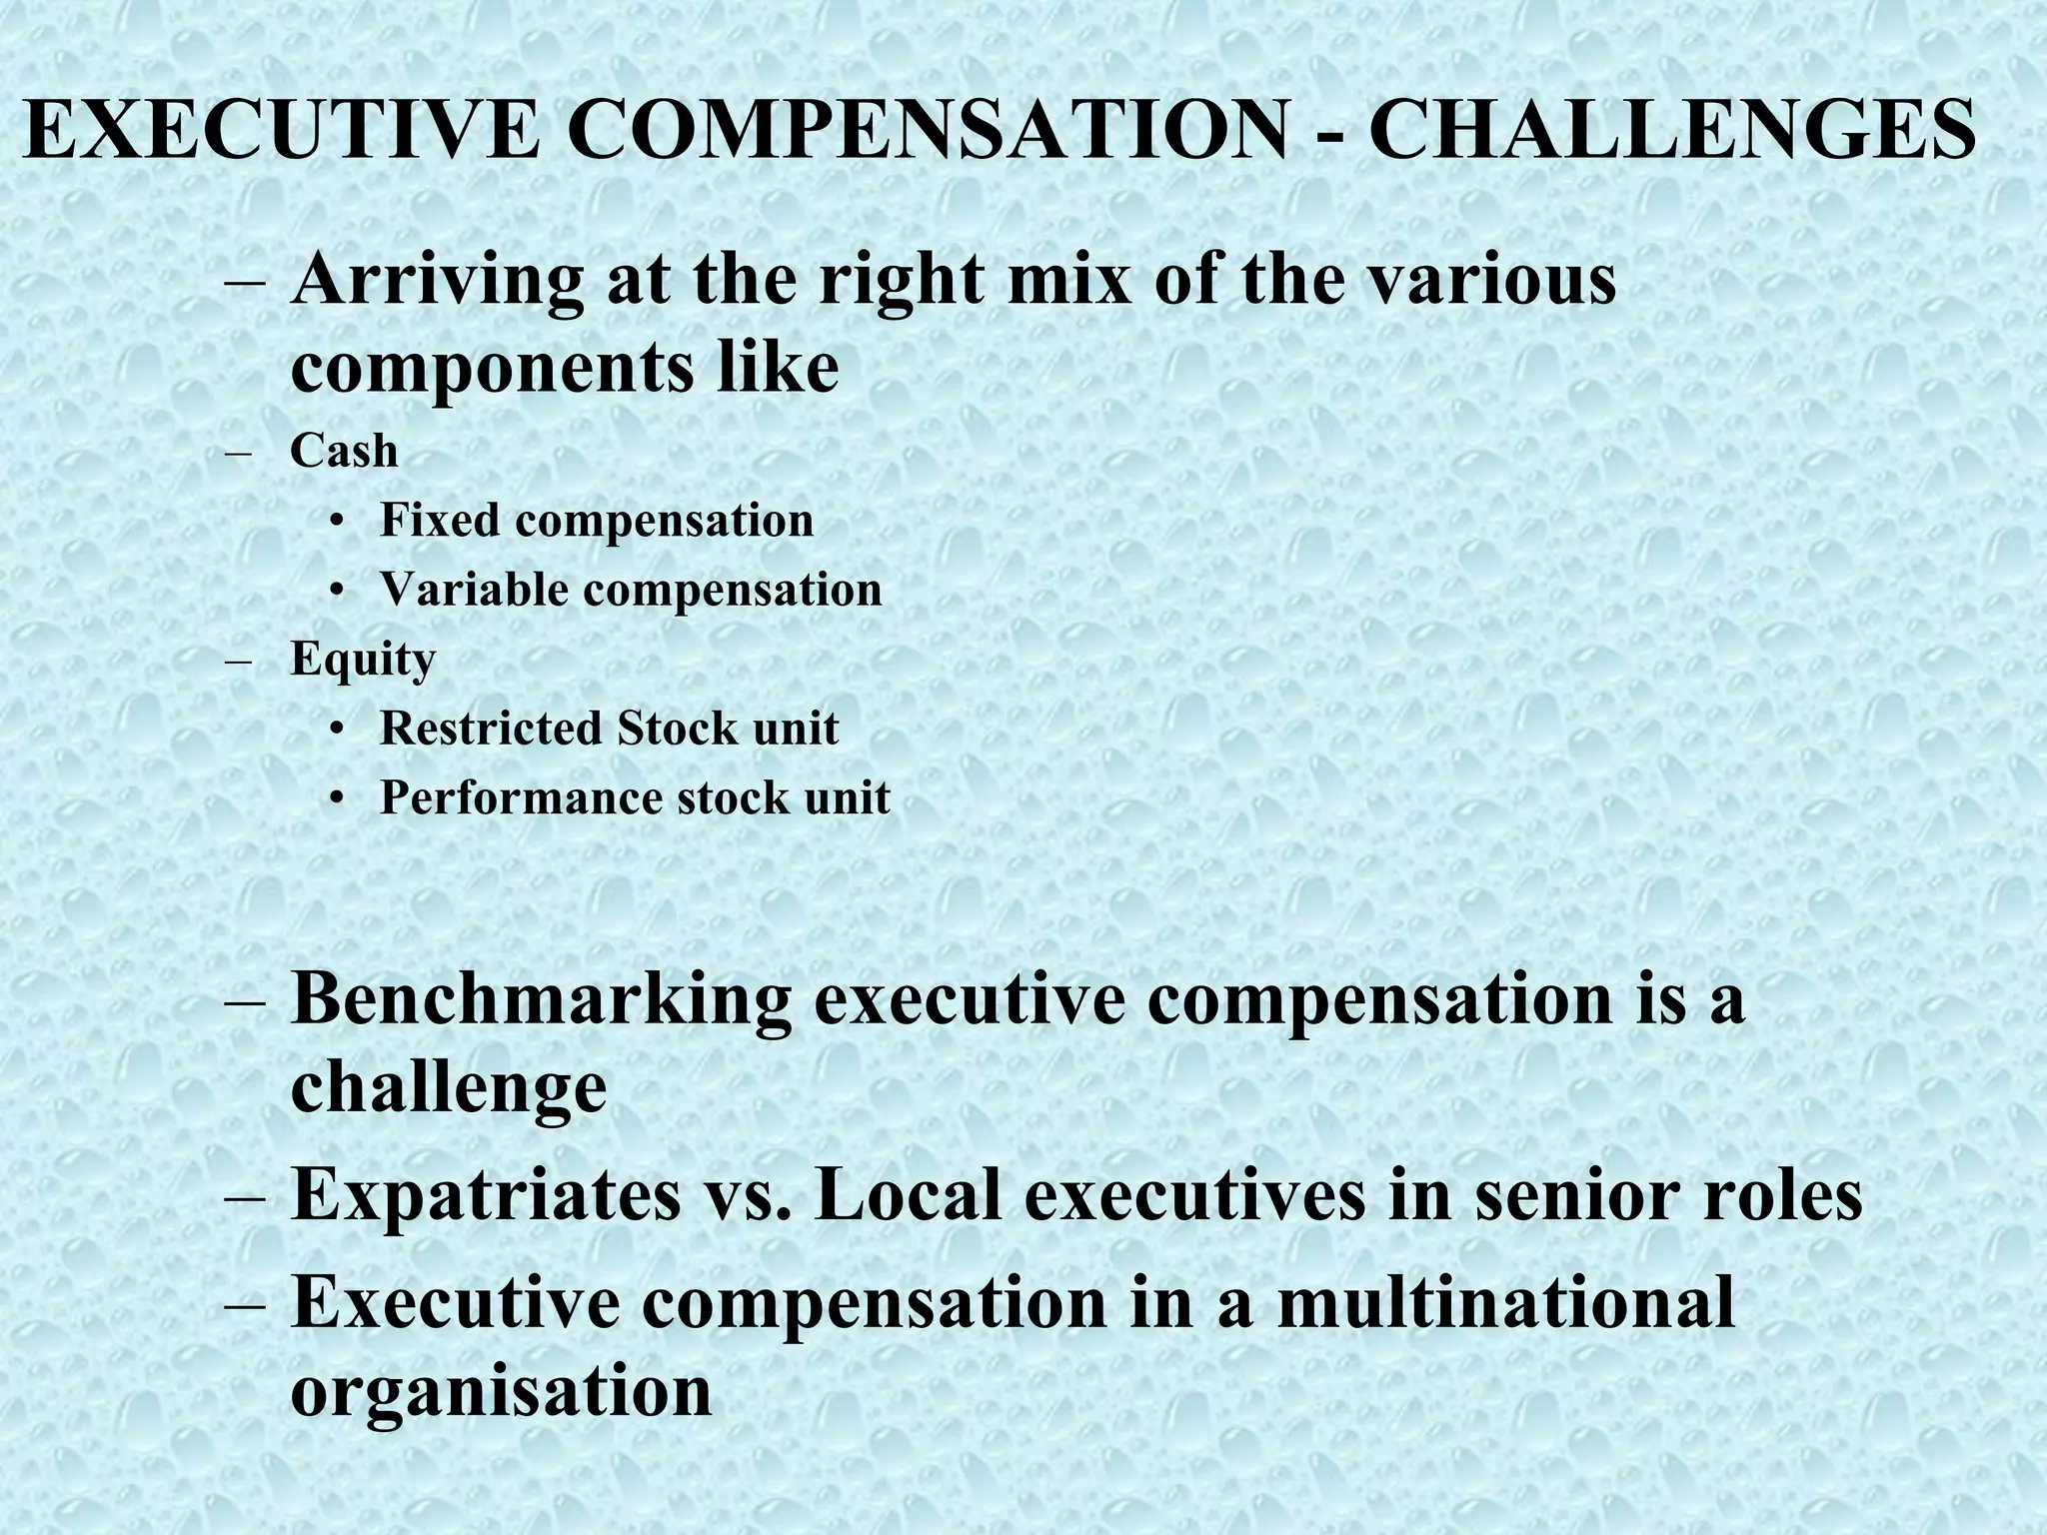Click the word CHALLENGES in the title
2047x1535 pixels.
click(1671, 129)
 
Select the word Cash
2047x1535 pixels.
click(344, 451)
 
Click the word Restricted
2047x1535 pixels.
click(490, 728)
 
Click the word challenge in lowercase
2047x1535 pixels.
click(448, 1086)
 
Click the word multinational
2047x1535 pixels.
click(1505, 1302)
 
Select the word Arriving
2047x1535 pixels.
click(437, 281)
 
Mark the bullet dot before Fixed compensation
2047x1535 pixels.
click(340, 522)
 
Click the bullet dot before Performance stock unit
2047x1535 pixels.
click(340, 799)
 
